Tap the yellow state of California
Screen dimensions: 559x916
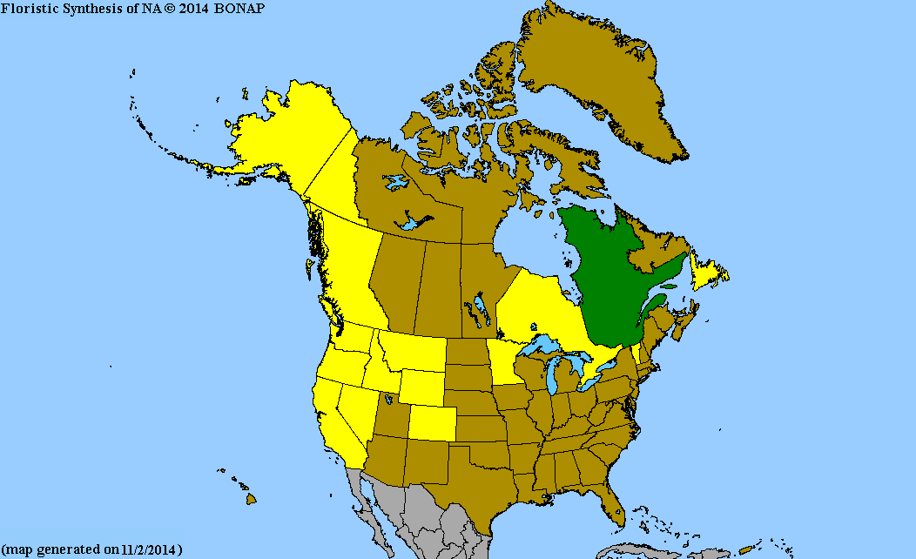[x=335, y=418]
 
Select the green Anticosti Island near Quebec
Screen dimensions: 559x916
[x=669, y=285]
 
